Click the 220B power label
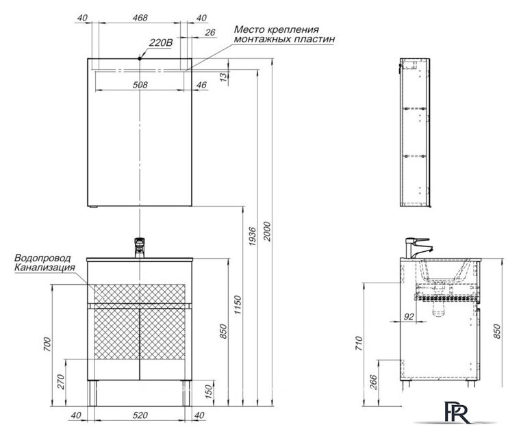tap(161, 42)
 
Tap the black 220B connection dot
tap(140, 59)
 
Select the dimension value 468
tap(140, 18)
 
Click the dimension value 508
tap(140, 85)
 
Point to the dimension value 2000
tap(267, 231)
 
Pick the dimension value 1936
tap(252, 236)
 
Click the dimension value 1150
tap(238, 305)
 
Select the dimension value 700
tap(48, 344)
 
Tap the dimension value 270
tap(61, 381)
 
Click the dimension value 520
tap(140, 415)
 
